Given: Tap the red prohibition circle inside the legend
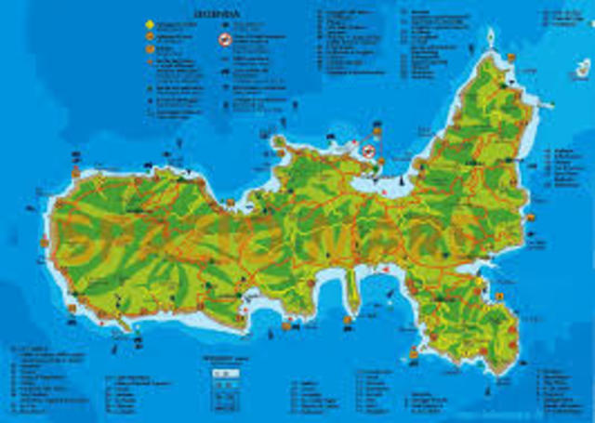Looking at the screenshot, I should click(224, 40).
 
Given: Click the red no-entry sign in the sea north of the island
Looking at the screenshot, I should click(369, 149).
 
